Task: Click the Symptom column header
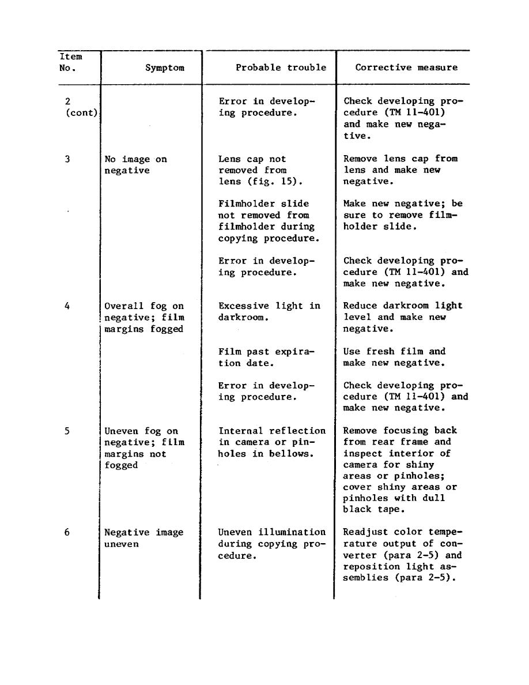tap(165, 68)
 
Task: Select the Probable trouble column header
tap(281, 67)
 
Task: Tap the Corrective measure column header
tap(406, 67)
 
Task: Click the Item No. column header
tap(70, 62)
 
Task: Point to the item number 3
tap(67, 159)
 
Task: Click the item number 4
tap(67, 306)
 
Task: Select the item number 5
tap(67, 431)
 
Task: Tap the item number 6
tap(67, 532)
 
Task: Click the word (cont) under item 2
tap(81, 113)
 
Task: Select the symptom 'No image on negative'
tap(135, 165)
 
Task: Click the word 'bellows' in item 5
tap(295, 454)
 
